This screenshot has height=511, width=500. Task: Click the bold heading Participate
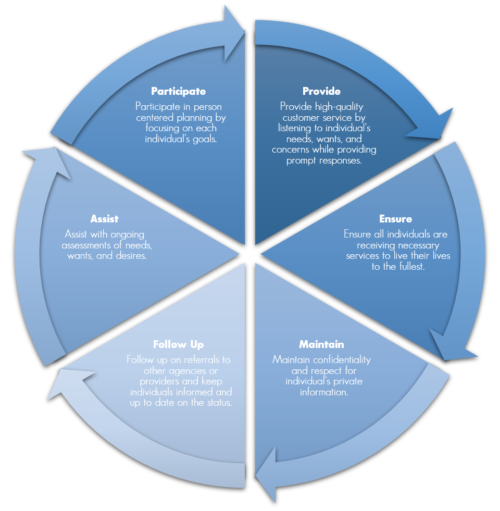(x=178, y=91)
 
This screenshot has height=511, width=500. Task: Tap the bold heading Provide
(x=321, y=91)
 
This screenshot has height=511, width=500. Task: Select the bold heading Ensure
(x=396, y=219)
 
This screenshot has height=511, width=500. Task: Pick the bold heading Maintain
(x=321, y=345)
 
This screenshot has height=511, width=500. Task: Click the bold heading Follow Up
(x=178, y=345)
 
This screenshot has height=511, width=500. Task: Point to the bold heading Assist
(x=104, y=219)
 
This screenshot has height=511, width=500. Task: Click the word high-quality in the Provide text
(x=341, y=106)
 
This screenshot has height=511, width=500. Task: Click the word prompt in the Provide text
(x=301, y=160)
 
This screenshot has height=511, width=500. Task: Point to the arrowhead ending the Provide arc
(x=432, y=125)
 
